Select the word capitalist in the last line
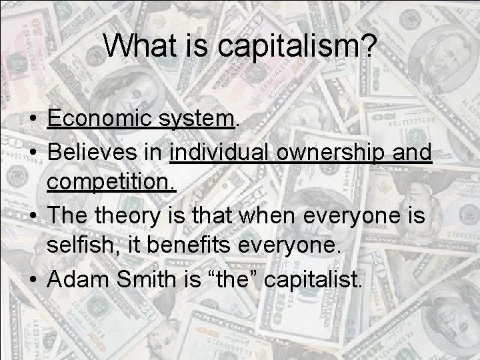coord(314,279)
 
